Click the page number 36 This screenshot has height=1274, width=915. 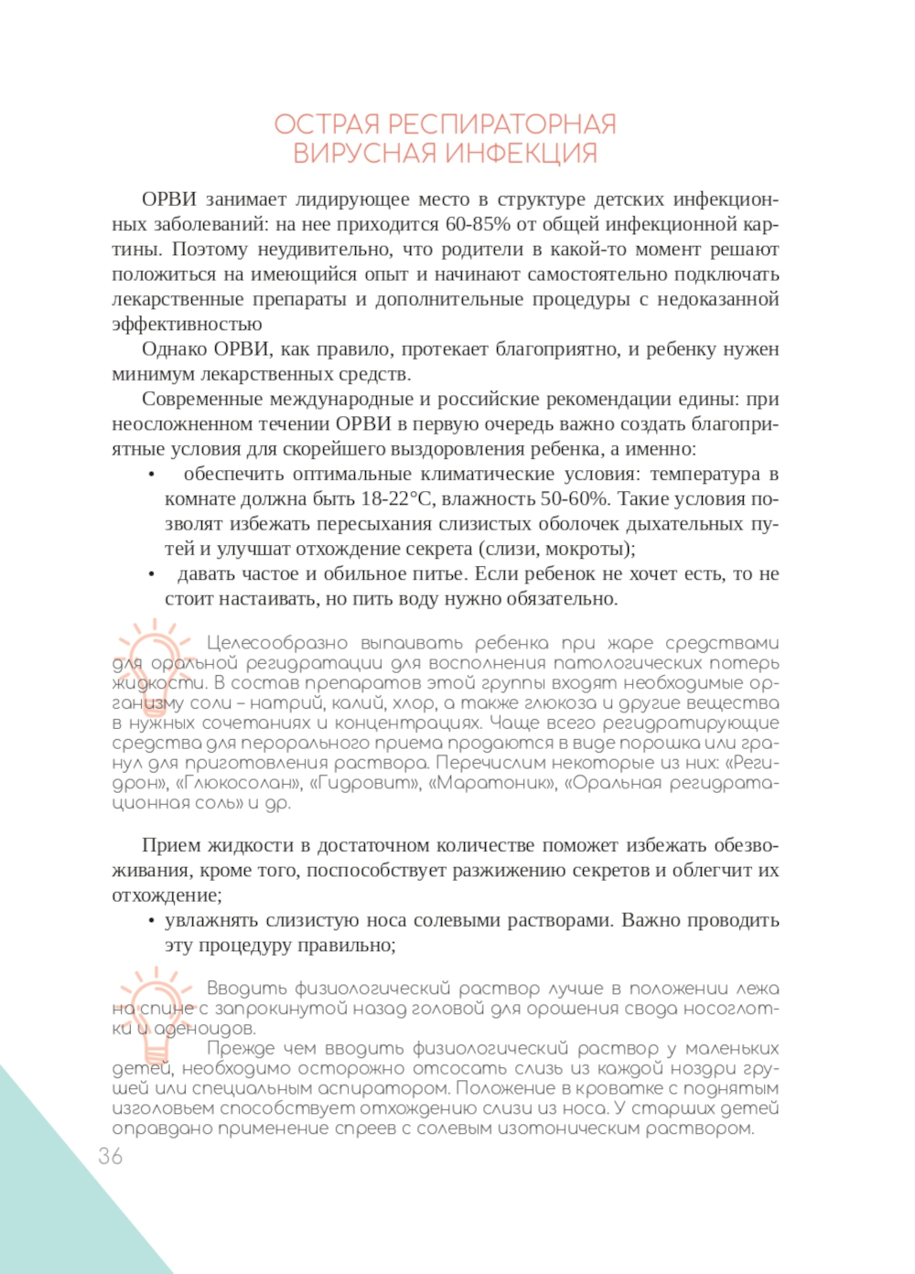point(111,1156)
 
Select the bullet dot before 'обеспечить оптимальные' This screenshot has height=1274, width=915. point(152,475)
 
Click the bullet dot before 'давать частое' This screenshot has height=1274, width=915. point(152,574)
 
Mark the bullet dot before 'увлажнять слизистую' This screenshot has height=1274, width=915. point(152,921)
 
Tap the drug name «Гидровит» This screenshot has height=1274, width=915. point(364,783)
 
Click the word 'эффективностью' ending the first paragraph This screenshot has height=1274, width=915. point(187,324)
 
